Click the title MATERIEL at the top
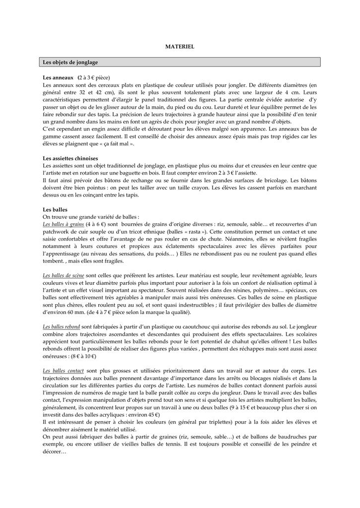click(x=180, y=46)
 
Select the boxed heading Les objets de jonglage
click(x=71, y=63)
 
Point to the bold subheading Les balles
click(x=55, y=209)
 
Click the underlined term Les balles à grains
click(x=64, y=224)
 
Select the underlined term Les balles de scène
click(x=64, y=275)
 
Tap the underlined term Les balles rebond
click(x=62, y=326)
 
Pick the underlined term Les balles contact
click(x=63, y=370)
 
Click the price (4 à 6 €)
click(x=98, y=224)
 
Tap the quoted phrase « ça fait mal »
click(x=112, y=143)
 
